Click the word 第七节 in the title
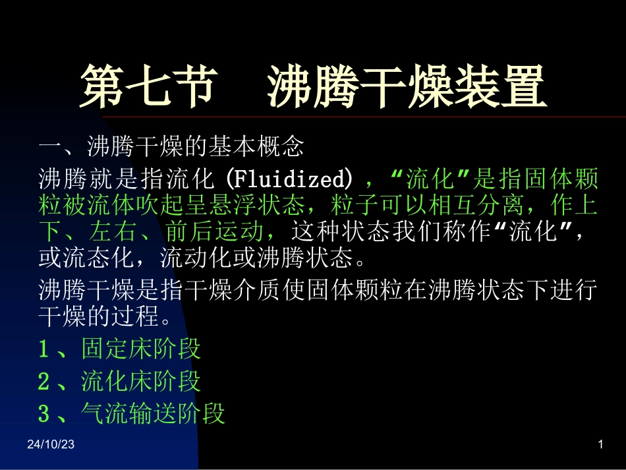point(149,86)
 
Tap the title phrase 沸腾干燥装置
point(407,86)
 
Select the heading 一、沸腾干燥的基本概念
point(171,146)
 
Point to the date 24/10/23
point(51,446)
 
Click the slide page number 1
point(600,446)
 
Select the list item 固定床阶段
point(141,349)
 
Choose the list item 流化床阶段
point(141,381)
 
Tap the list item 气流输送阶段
point(153,413)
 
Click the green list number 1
point(44,349)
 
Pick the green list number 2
point(44,381)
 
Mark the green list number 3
point(44,413)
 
